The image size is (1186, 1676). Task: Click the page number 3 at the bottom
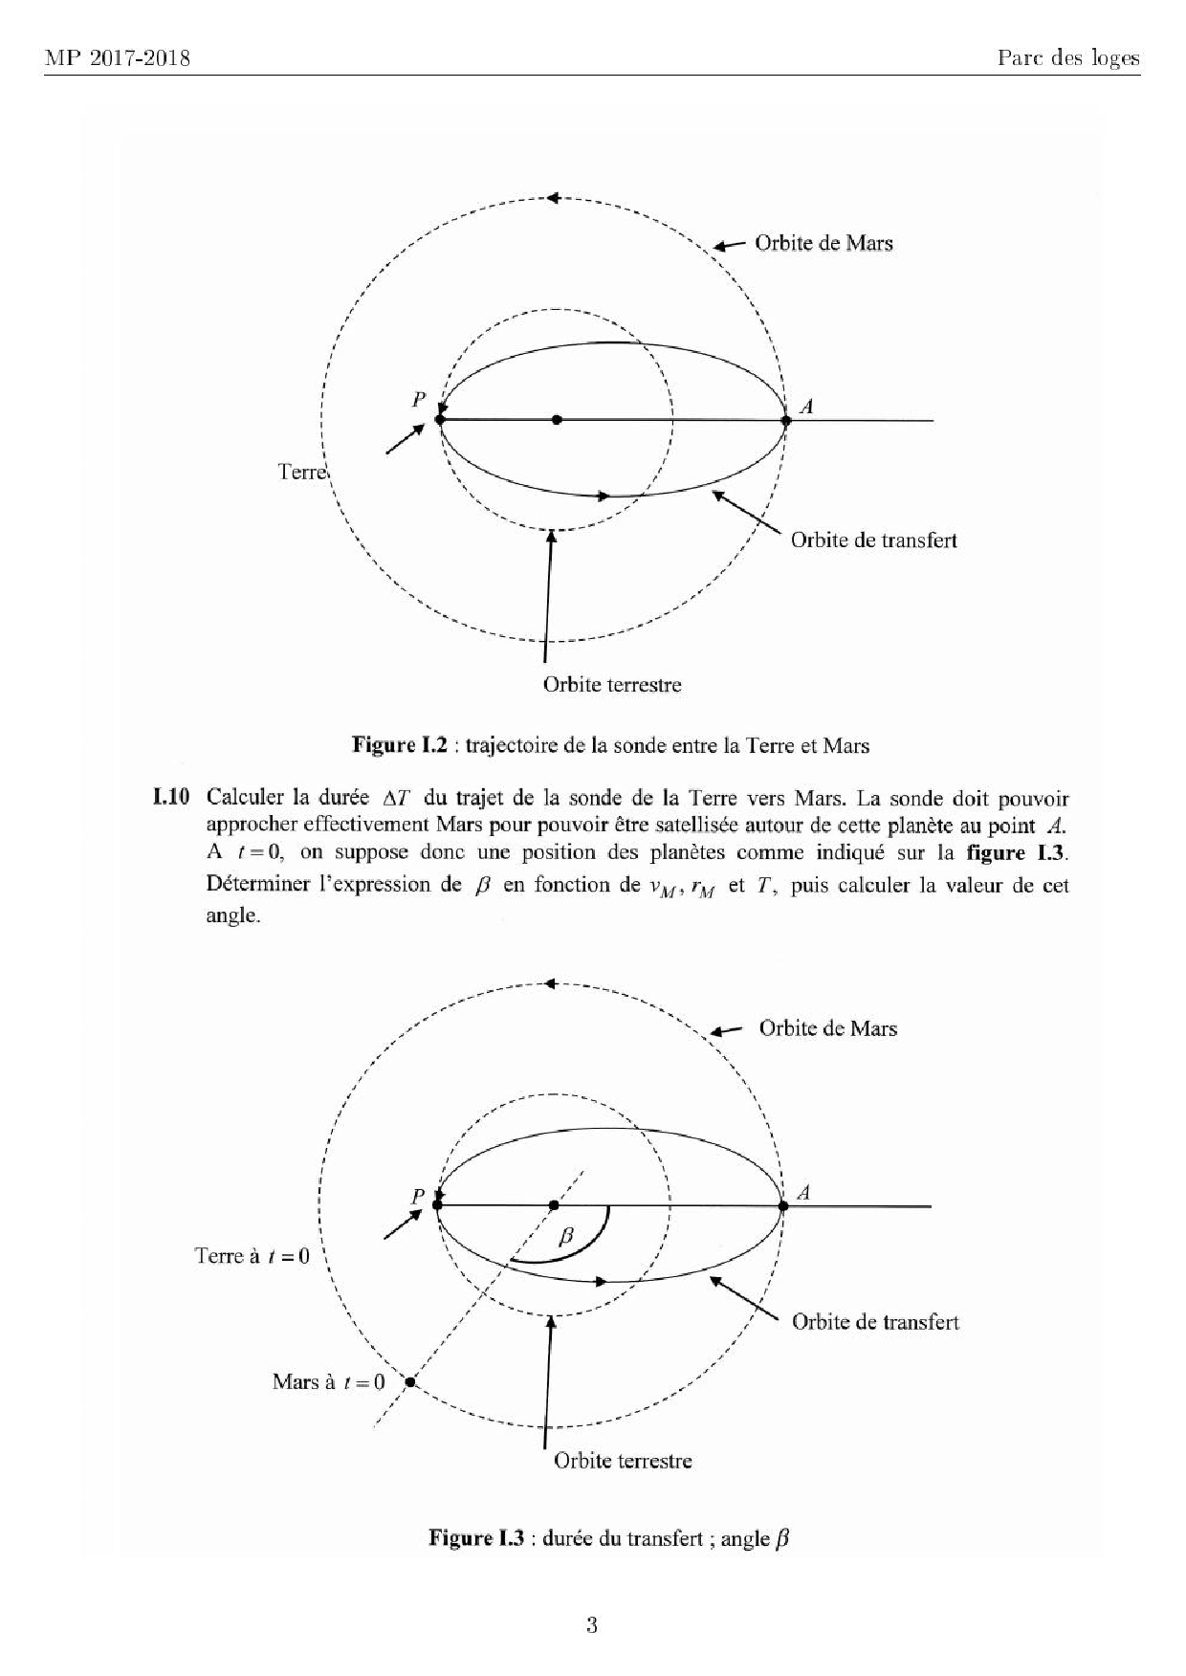click(592, 1624)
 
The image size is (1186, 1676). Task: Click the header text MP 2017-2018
click(118, 59)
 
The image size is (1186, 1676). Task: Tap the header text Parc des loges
click(1068, 59)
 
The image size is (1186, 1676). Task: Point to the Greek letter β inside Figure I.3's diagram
click(565, 1235)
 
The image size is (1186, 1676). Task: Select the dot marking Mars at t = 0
click(409, 1381)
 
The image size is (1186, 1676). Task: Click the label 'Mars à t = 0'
click(328, 1381)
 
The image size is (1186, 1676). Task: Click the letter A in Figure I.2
click(806, 407)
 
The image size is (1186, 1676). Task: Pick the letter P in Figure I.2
click(419, 400)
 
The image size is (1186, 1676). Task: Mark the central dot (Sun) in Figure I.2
click(557, 420)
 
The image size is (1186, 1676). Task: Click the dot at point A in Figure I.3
click(783, 1206)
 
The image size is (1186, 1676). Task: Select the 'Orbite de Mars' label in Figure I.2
click(824, 243)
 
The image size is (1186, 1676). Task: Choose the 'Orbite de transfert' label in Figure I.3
click(875, 1322)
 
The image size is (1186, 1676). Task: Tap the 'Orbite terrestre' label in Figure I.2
click(612, 685)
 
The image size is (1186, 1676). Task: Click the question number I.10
click(172, 798)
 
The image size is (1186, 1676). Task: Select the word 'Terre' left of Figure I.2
click(302, 472)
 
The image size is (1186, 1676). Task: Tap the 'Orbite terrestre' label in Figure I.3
click(623, 1461)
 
